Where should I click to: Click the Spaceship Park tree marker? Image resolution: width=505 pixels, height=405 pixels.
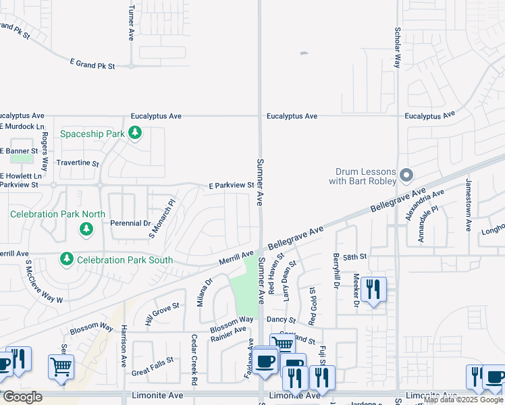pos(135,133)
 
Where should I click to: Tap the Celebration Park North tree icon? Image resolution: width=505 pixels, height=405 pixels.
pos(86,230)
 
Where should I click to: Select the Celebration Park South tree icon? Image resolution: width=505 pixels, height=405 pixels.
pos(66,259)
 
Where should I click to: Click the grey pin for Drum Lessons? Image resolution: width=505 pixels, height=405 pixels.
pos(406,176)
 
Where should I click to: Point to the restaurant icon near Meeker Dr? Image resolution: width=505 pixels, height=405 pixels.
pos(373,290)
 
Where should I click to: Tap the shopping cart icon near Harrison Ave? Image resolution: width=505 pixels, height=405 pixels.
pos(61,367)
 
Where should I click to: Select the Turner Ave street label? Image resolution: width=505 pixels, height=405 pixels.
pos(131,22)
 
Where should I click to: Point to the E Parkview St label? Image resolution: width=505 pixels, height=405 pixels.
pos(231,185)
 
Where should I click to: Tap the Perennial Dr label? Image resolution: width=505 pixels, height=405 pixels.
pos(132,223)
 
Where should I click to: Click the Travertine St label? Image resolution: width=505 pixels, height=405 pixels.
pos(78,163)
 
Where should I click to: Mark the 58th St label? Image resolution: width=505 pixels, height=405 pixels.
pos(354,257)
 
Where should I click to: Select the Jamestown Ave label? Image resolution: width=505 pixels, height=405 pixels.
pos(468,205)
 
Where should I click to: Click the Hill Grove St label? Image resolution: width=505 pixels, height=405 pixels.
pos(162,315)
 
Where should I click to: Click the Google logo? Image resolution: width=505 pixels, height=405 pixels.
pos(22,397)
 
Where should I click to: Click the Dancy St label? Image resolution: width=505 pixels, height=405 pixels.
pos(282,319)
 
